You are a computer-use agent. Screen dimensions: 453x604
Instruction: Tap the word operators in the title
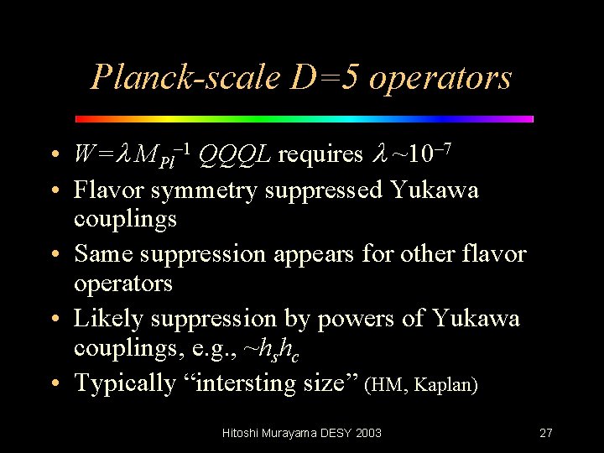point(440,77)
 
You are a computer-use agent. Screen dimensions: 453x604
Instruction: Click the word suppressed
point(325,190)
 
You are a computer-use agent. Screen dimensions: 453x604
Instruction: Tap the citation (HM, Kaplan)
point(422,385)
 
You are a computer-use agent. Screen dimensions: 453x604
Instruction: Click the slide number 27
point(545,433)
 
